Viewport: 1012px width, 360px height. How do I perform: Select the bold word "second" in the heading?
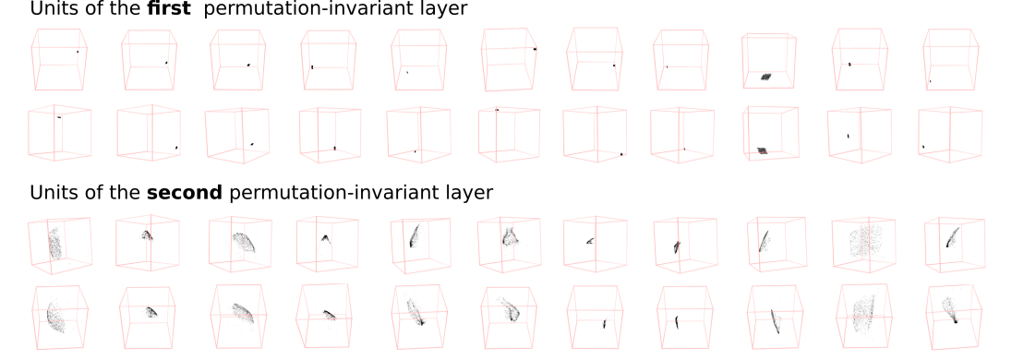tap(185, 193)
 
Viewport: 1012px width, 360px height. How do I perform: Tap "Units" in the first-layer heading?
tap(51, 9)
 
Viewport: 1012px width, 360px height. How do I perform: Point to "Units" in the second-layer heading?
tap(51, 193)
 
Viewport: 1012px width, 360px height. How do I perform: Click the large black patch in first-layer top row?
tap(766, 76)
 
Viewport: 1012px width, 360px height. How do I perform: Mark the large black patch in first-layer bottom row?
tap(763, 151)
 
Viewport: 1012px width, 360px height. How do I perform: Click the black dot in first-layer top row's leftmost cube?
tap(78, 52)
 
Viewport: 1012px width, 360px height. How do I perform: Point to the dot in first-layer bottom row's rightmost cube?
tap(923, 147)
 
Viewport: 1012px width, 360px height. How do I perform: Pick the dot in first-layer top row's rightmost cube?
tap(930, 81)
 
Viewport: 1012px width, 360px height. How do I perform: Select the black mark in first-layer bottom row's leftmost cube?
tap(59, 117)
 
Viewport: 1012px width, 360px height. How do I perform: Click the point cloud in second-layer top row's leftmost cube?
tap(54, 243)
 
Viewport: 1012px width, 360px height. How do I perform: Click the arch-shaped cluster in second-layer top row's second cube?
tap(147, 234)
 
